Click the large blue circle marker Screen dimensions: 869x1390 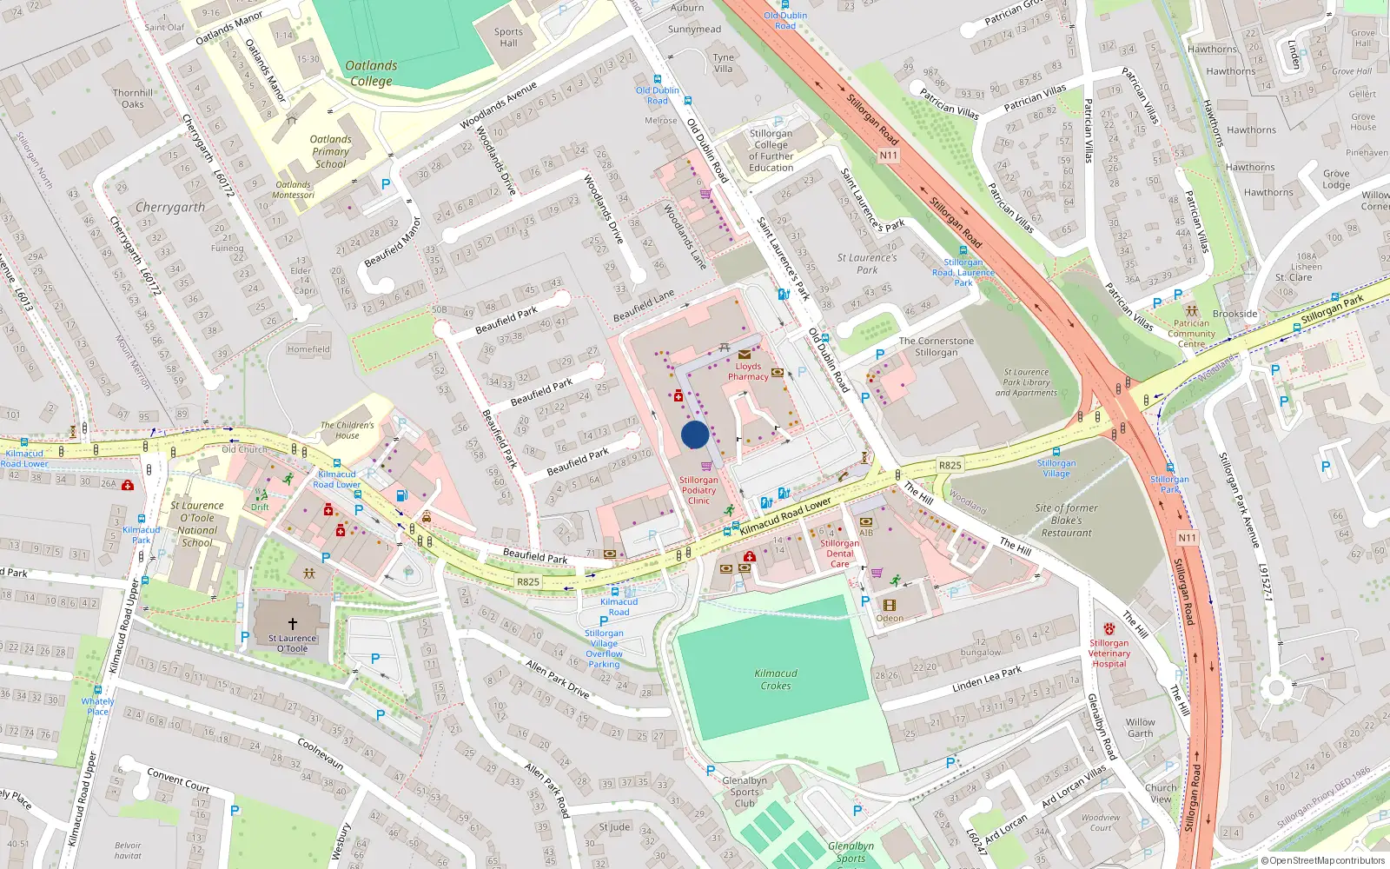pyautogui.click(x=695, y=434)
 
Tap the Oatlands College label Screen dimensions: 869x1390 pyautogui.click(x=371, y=73)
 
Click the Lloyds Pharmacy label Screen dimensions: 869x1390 pyautogui.click(x=748, y=372)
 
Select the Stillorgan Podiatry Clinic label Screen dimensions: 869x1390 pyautogui.click(x=698, y=490)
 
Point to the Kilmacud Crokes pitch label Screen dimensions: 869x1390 pyautogui.click(x=776, y=680)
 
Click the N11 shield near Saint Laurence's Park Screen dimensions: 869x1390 pyautogui.click(x=888, y=156)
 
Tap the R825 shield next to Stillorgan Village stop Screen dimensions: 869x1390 pyautogui.click(x=950, y=465)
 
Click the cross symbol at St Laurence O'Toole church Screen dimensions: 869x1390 pyautogui.click(x=293, y=623)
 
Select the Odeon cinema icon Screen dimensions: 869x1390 pyautogui.click(x=889, y=605)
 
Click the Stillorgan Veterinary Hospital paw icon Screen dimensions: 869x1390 pyautogui.click(x=1109, y=628)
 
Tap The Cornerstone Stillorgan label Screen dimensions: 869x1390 pyautogui.click(x=936, y=347)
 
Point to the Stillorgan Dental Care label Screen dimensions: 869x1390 pyautogui.click(x=839, y=554)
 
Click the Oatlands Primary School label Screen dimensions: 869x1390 pyautogui.click(x=331, y=151)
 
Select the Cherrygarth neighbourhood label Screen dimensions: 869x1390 pyautogui.click(x=170, y=208)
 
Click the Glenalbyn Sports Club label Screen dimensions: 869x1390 pyautogui.click(x=745, y=792)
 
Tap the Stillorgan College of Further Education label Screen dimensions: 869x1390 pyautogui.click(x=771, y=151)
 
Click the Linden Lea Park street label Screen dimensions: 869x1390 pyautogui.click(x=987, y=679)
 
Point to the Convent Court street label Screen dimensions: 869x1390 pyautogui.click(x=178, y=779)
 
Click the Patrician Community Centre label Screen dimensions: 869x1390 pyautogui.click(x=1191, y=334)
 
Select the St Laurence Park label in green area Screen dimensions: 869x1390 pyautogui.click(x=867, y=263)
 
